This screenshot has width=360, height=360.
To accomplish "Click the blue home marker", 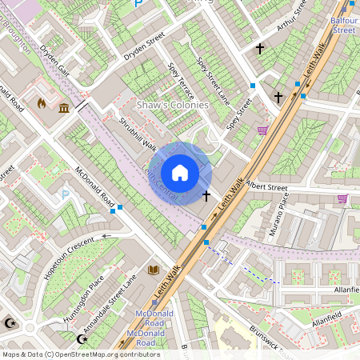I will [180, 173].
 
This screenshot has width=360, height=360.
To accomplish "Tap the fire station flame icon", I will [42, 103].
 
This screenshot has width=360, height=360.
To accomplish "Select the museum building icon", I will [62, 108].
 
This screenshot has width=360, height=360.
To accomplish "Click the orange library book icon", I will [153, 270].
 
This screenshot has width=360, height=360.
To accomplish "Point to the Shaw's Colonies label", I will [172, 105].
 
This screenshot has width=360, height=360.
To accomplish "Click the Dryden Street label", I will [143, 48].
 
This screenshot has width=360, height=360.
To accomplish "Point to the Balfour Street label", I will [343, 24].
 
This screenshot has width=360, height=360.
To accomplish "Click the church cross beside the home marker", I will [206, 195].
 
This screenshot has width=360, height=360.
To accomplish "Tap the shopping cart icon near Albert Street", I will [342, 198].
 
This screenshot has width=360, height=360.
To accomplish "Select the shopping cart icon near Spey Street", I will [262, 130].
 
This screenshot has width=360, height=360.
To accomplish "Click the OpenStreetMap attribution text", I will [80, 354].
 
